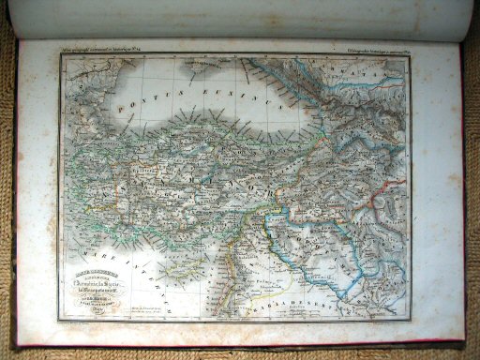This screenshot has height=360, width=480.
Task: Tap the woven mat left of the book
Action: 7,187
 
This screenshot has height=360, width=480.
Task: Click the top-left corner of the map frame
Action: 61,56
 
